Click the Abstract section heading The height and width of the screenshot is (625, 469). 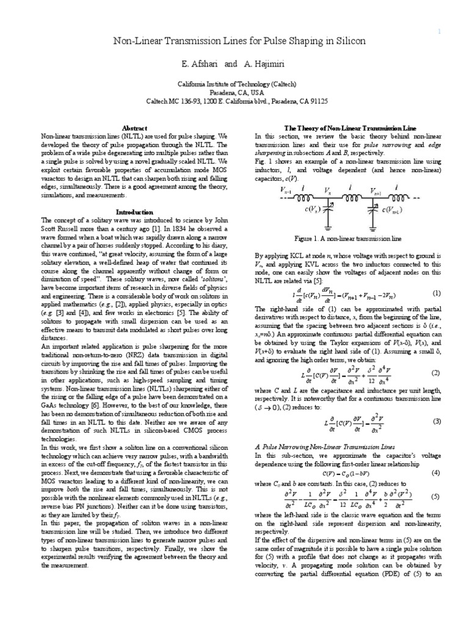pyautogui.click(x=135, y=128)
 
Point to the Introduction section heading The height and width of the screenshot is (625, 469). pyautogui.click(x=135, y=211)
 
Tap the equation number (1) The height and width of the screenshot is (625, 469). pyautogui.click(x=437, y=276)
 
